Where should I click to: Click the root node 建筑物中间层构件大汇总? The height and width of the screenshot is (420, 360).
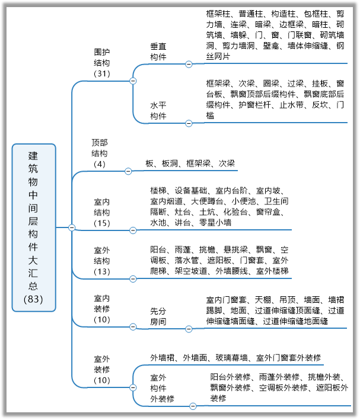(x=34, y=227)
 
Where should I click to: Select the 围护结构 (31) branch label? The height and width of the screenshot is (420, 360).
(x=102, y=63)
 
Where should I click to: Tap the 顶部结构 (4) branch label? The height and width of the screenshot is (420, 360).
(x=100, y=153)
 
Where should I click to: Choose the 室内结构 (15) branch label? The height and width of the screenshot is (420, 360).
(x=102, y=212)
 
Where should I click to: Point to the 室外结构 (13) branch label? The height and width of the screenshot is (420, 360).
(x=102, y=261)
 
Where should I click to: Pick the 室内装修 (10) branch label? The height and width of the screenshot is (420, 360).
(x=102, y=309)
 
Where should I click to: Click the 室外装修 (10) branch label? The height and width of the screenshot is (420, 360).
(x=102, y=369)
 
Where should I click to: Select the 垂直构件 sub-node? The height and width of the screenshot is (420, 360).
(x=158, y=52)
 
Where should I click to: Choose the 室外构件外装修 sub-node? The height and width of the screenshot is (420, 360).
(x=162, y=388)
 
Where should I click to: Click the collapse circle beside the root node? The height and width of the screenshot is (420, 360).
(x=72, y=227)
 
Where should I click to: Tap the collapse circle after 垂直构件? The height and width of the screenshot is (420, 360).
(x=189, y=64)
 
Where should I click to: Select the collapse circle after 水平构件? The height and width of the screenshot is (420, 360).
(x=189, y=123)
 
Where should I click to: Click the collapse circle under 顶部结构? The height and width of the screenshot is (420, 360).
(x=128, y=171)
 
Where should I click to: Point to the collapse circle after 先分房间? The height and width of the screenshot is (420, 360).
(x=189, y=328)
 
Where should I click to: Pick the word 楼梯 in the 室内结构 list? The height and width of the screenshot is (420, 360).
(x=158, y=190)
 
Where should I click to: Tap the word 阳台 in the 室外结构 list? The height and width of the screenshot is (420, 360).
(x=158, y=249)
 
